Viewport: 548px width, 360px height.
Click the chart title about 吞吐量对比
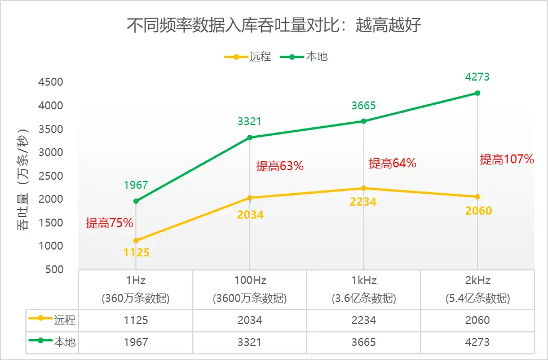tap(273, 25)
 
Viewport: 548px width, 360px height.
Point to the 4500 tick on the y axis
tap(51, 82)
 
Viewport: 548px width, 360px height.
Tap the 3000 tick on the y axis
tap(51, 153)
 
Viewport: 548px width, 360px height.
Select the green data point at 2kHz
tap(477, 93)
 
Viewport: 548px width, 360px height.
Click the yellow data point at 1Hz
tap(136, 241)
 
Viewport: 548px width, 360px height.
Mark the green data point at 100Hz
tap(250, 137)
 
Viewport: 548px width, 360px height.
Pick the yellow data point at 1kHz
tap(363, 188)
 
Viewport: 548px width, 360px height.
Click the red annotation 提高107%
tap(506, 159)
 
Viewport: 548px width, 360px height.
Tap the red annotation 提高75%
tap(109, 223)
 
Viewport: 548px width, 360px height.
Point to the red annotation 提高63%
tap(280, 166)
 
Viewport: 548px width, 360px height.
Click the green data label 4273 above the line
tap(477, 77)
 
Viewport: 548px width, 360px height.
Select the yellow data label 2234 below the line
tap(363, 202)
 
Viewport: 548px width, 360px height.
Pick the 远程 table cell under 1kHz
tap(363, 320)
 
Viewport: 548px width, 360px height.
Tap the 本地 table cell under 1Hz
tap(136, 342)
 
